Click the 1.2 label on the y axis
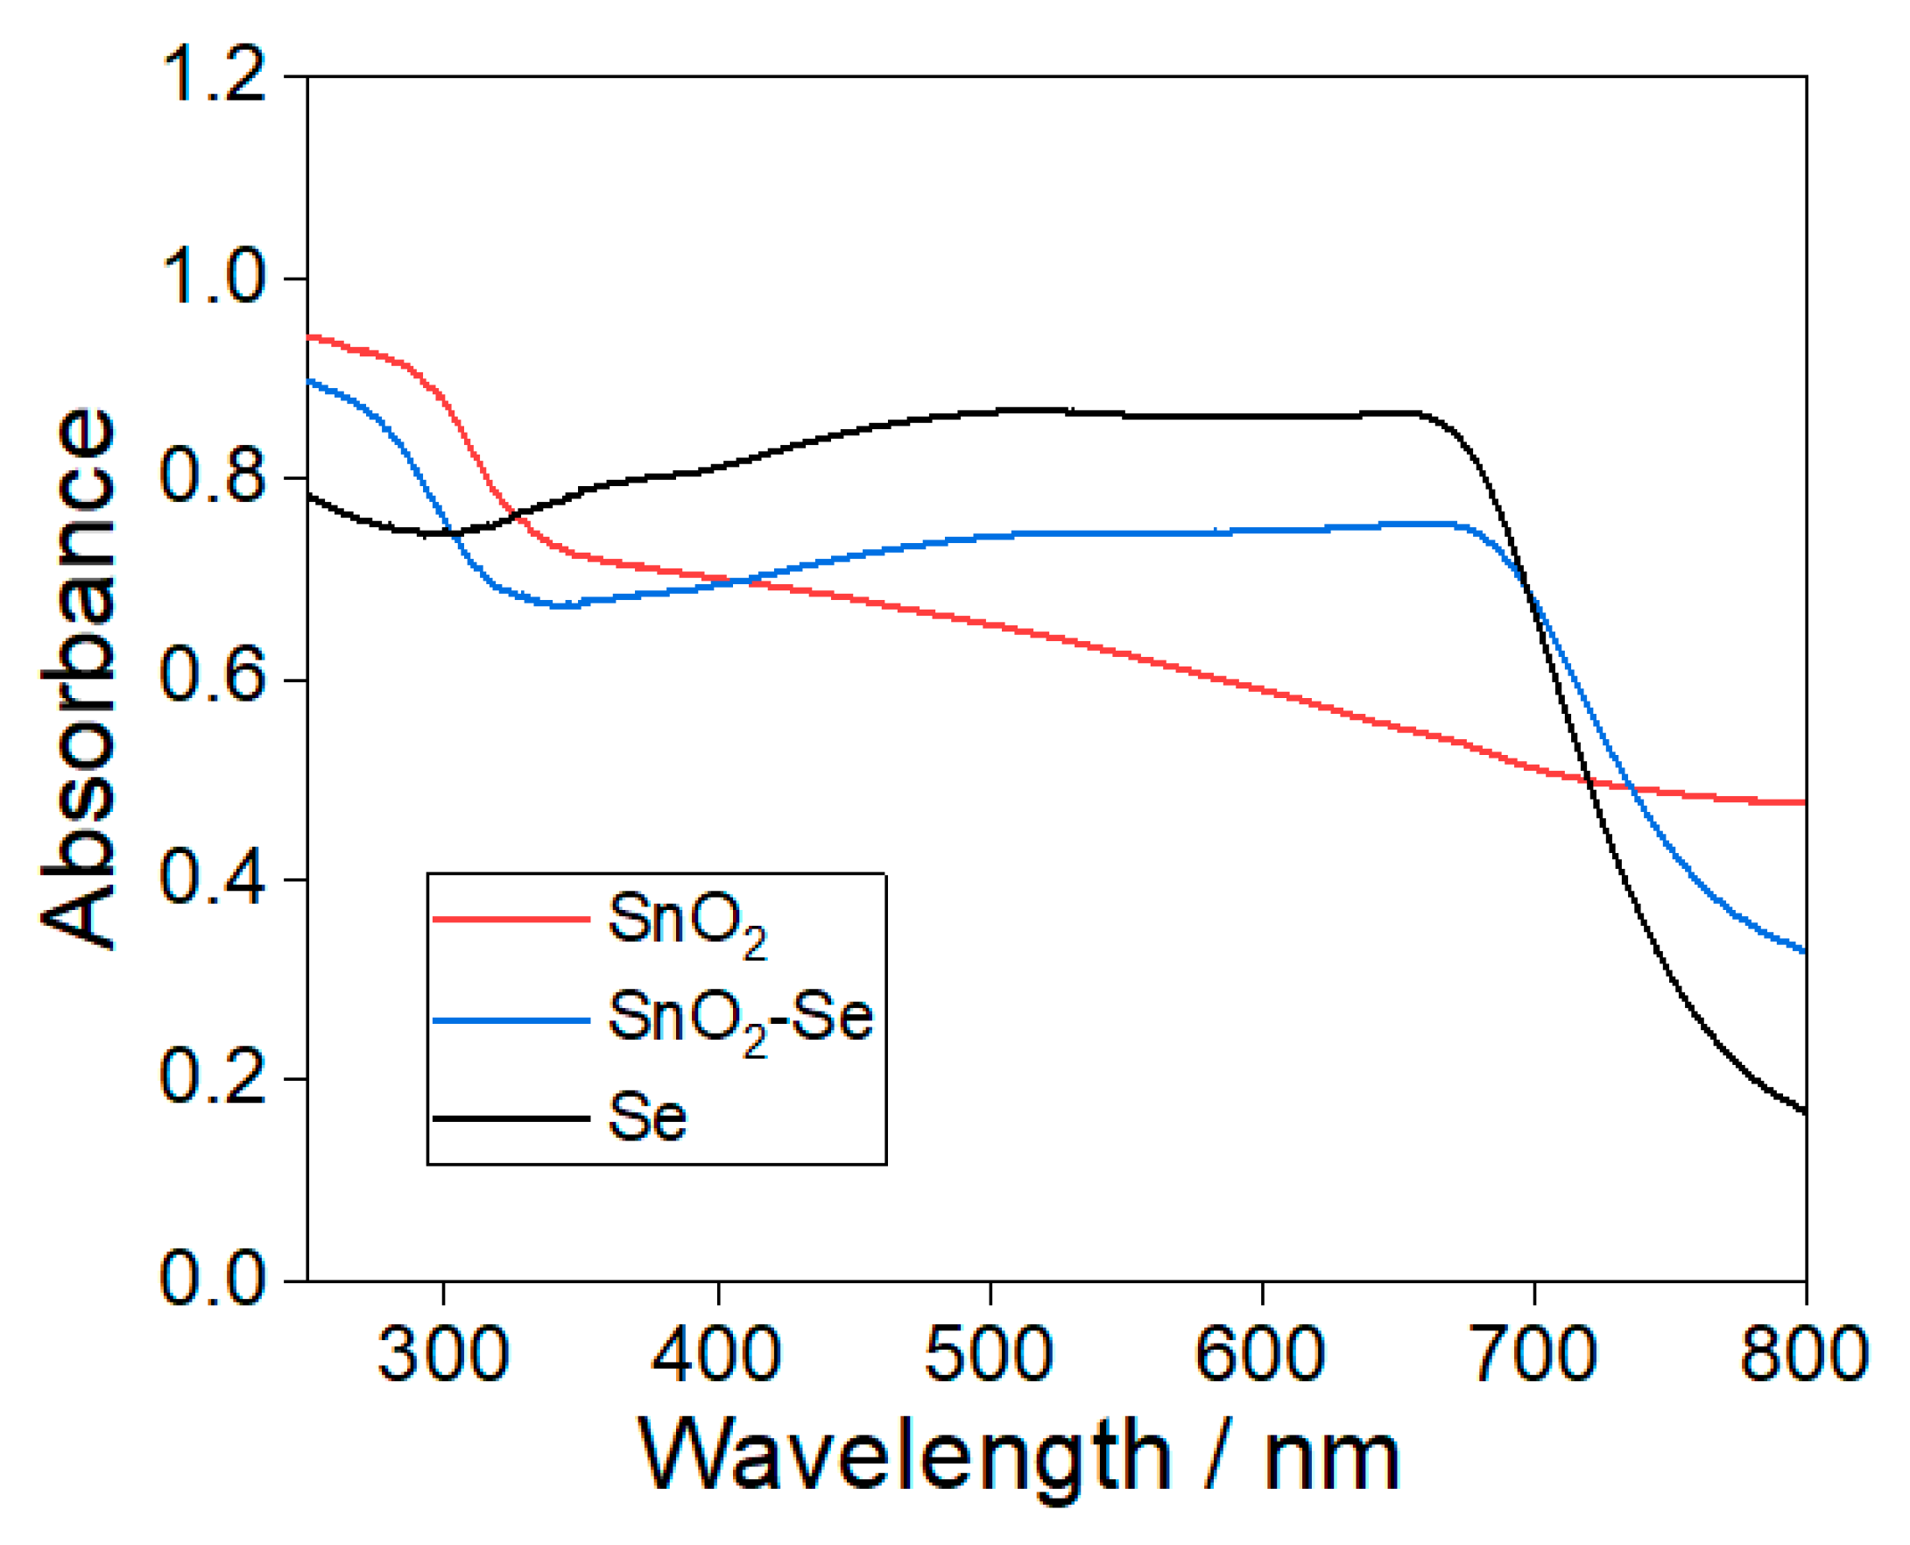(213, 77)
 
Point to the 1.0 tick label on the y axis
(213, 278)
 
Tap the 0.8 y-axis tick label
(213, 478)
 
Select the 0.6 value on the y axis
(213, 678)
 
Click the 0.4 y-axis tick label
(213, 878)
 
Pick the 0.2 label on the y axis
(213, 1079)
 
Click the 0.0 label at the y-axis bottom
(213, 1280)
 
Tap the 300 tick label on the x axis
(443, 1356)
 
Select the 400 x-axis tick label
(716, 1356)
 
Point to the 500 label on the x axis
(990, 1356)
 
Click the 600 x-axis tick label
(1261, 1356)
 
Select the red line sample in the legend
(511, 919)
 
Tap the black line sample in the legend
(511, 1118)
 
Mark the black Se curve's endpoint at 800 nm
(1804, 1112)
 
